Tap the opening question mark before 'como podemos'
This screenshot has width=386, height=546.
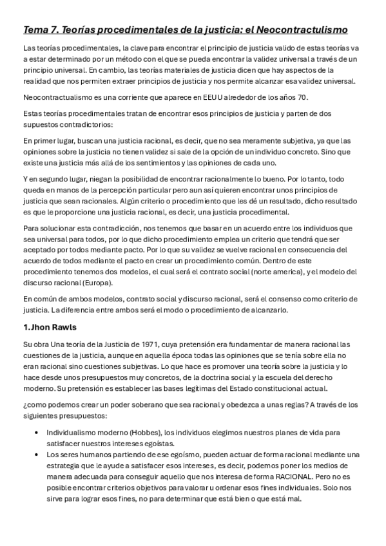pyautogui.click(x=25, y=405)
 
